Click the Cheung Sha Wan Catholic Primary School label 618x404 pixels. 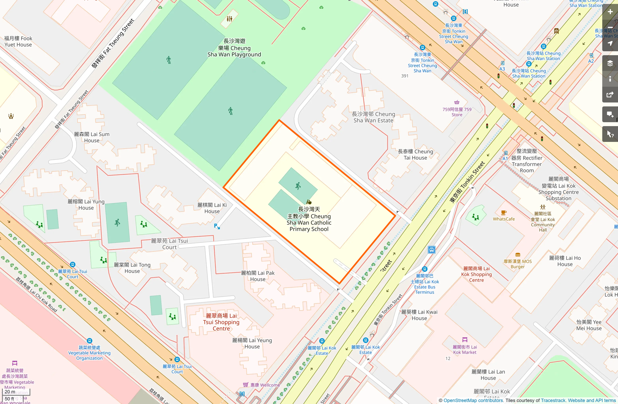tap(309, 219)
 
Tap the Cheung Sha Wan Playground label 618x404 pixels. tap(234, 48)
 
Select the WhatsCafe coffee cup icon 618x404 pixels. tap(504, 213)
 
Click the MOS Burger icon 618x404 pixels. tap(518, 255)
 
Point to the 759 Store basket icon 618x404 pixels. tap(457, 102)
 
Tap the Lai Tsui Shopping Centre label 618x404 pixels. tap(221, 322)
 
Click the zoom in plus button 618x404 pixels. tap(610, 12)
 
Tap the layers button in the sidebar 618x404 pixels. tap(610, 63)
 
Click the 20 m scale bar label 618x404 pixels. tap(10, 392)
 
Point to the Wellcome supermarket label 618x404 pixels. tap(265, 385)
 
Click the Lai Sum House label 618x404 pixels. tap(92, 137)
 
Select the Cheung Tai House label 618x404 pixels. tap(415, 155)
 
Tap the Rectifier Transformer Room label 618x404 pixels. tap(526, 161)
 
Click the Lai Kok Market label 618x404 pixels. tap(464, 349)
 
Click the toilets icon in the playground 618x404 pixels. tap(229, 19)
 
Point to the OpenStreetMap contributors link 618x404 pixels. tap(473, 400)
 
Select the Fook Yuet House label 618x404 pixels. tap(18, 41)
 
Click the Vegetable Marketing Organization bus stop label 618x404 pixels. tap(89, 353)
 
